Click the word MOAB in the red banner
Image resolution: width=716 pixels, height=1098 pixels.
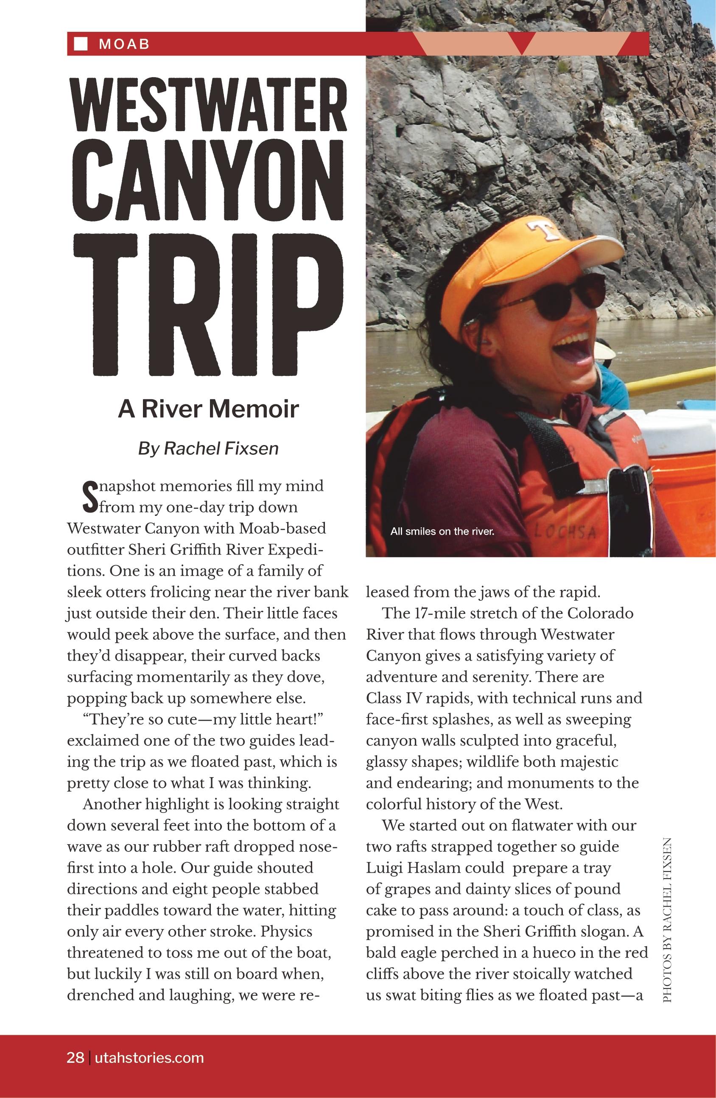click(124, 44)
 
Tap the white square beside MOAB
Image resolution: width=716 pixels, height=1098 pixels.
click(81, 44)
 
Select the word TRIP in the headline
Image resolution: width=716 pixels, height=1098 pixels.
click(209, 305)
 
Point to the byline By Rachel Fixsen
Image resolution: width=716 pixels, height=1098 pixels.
click(209, 448)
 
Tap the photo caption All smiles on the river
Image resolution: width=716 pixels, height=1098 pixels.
click(442, 532)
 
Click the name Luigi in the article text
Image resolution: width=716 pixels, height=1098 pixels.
click(384, 868)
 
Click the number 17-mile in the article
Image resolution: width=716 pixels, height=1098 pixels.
click(434, 613)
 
